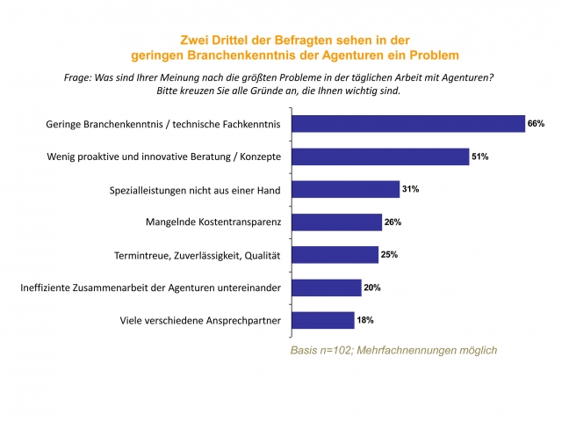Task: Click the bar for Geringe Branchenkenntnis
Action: (408, 124)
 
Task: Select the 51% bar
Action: (380, 156)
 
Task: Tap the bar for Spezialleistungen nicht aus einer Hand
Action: (345, 189)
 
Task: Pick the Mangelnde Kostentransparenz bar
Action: (336, 222)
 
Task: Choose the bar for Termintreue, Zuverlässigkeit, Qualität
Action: (335, 254)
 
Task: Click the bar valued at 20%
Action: (326, 287)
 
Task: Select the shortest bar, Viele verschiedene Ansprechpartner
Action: (322, 319)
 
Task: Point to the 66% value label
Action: (536, 124)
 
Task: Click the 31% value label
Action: (410, 189)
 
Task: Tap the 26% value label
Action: (393, 222)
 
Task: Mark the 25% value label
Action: (390, 254)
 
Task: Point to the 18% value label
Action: (364, 319)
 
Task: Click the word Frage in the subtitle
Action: (78, 77)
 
